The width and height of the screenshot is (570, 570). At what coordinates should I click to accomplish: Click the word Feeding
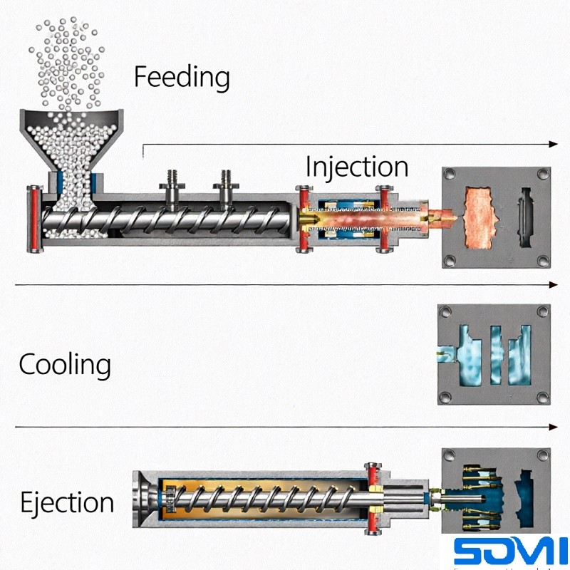[x=182, y=77]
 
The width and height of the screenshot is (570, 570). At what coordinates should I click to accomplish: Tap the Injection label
[x=356, y=167]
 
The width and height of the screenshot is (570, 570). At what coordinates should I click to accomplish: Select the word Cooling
[x=65, y=365]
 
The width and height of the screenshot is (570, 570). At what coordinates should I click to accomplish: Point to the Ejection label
[x=66, y=502]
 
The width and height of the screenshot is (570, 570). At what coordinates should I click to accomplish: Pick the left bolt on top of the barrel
[x=172, y=184]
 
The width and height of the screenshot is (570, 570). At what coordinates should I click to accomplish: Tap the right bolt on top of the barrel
[x=227, y=184]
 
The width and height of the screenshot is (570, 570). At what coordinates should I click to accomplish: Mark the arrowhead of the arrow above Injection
[x=554, y=144]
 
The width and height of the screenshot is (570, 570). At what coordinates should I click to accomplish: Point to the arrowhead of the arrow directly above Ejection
[x=554, y=427]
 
